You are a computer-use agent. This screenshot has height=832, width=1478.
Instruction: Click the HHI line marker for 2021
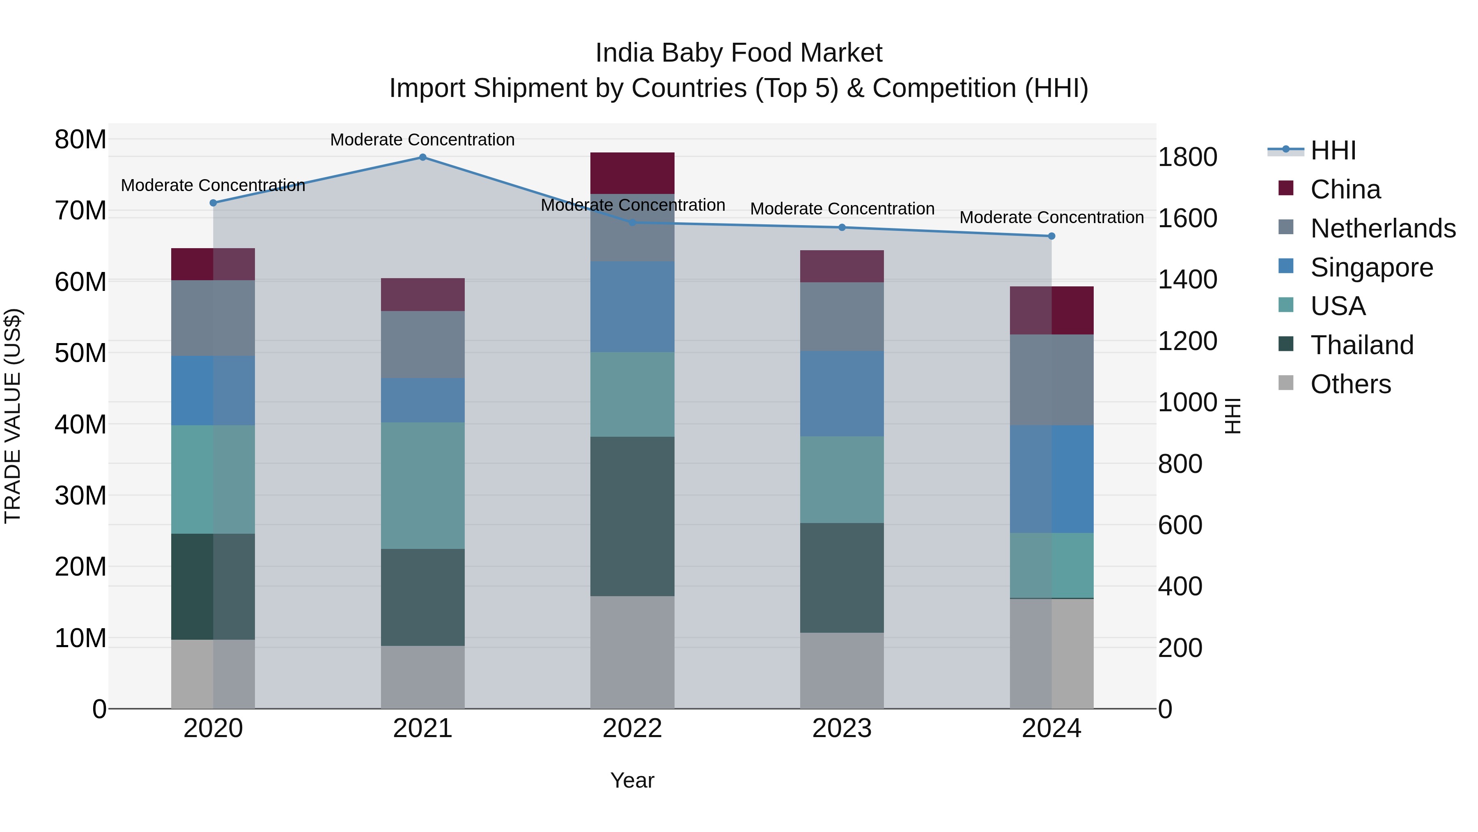click(422, 157)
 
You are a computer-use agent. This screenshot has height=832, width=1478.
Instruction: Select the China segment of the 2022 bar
click(632, 173)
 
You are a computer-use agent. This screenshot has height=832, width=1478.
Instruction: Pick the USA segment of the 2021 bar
click(422, 485)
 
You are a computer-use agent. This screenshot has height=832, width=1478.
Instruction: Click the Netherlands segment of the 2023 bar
click(842, 316)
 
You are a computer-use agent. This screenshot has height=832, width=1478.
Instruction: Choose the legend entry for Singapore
click(1371, 267)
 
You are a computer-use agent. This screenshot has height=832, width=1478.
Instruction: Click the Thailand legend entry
click(1361, 345)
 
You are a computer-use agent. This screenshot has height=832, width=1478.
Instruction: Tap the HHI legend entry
click(1333, 150)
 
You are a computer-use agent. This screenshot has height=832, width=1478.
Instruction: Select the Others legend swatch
click(1286, 383)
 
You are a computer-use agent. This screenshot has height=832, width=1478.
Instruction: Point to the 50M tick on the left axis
click(80, 353)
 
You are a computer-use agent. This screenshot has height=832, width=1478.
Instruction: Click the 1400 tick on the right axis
click(1187, 280)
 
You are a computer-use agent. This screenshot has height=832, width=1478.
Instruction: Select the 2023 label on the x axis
click(842, 728)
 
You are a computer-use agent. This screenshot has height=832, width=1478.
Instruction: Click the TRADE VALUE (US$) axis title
click(13, 416)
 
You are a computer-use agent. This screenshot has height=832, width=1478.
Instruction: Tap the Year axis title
click(632, 780)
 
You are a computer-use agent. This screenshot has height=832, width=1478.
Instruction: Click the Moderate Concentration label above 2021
click(422, 140)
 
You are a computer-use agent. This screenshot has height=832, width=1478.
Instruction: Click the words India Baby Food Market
click(739, 53)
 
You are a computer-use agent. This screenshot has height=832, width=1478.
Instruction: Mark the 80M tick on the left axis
click(80, 140)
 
